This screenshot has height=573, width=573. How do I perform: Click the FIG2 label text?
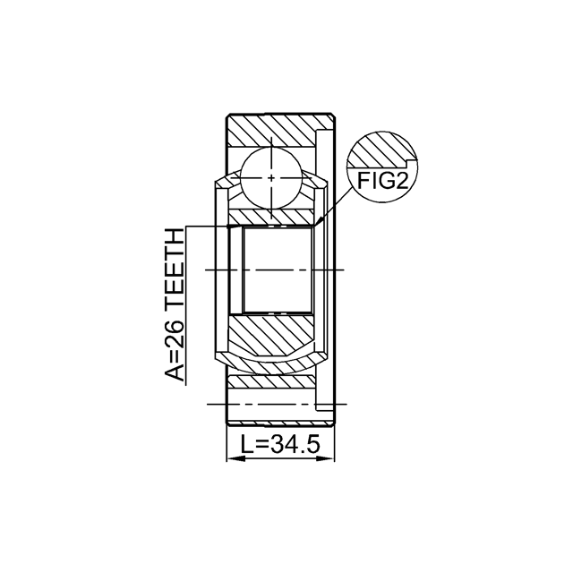[x=382, y=181]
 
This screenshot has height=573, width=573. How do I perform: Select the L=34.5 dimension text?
[x=280, y=444]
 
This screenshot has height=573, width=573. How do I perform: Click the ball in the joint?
[x=271, y=178]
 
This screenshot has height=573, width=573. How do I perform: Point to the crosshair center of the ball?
[x=271, y=178]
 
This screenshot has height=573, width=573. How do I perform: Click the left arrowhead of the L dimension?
[x=235, y=458]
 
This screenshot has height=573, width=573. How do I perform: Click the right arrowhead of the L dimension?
[x=326, y=458]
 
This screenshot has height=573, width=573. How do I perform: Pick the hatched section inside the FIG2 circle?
[x=380, y=150]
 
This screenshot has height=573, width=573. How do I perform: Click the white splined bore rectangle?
[x=278, y=270]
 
